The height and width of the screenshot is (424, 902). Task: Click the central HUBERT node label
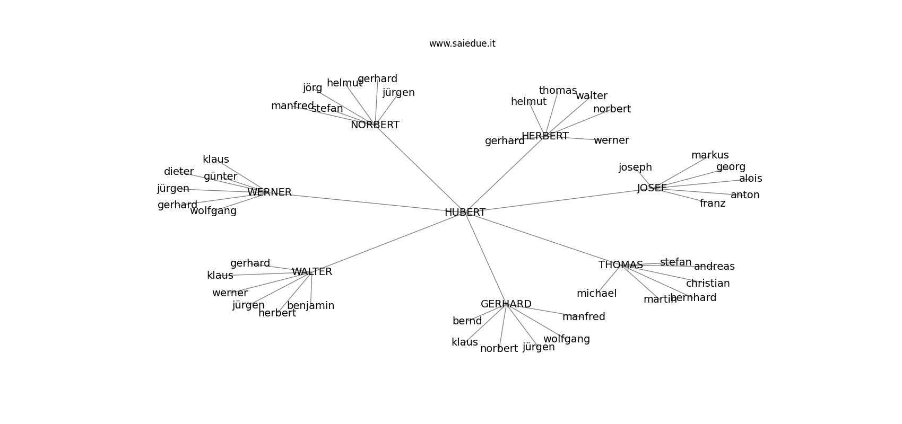(465, 213)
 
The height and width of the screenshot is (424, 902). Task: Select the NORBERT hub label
(375, 125)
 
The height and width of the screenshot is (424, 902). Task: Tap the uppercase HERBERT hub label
(545, 136)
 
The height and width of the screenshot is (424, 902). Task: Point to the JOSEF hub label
(652, 188)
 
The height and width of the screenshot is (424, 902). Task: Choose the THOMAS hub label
(621, 264)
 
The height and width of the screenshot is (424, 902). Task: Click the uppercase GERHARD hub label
(506, 304)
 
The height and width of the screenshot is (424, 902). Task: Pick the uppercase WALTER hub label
(312, 272)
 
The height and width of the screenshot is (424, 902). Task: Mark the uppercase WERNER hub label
(270, 192)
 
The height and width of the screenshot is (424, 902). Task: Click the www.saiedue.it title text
(462, 43)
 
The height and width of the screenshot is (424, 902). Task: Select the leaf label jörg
(313, 88)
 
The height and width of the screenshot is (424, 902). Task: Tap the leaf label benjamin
(311, 306)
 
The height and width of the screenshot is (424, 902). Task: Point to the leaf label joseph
(635, 167)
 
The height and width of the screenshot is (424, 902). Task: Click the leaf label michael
(597, 294)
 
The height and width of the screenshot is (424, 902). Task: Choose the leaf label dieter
(179, 172)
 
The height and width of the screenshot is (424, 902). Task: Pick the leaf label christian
(708, 284)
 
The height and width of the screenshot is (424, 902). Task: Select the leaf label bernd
(467, 321)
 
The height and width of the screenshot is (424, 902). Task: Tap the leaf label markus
(710, 155)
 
